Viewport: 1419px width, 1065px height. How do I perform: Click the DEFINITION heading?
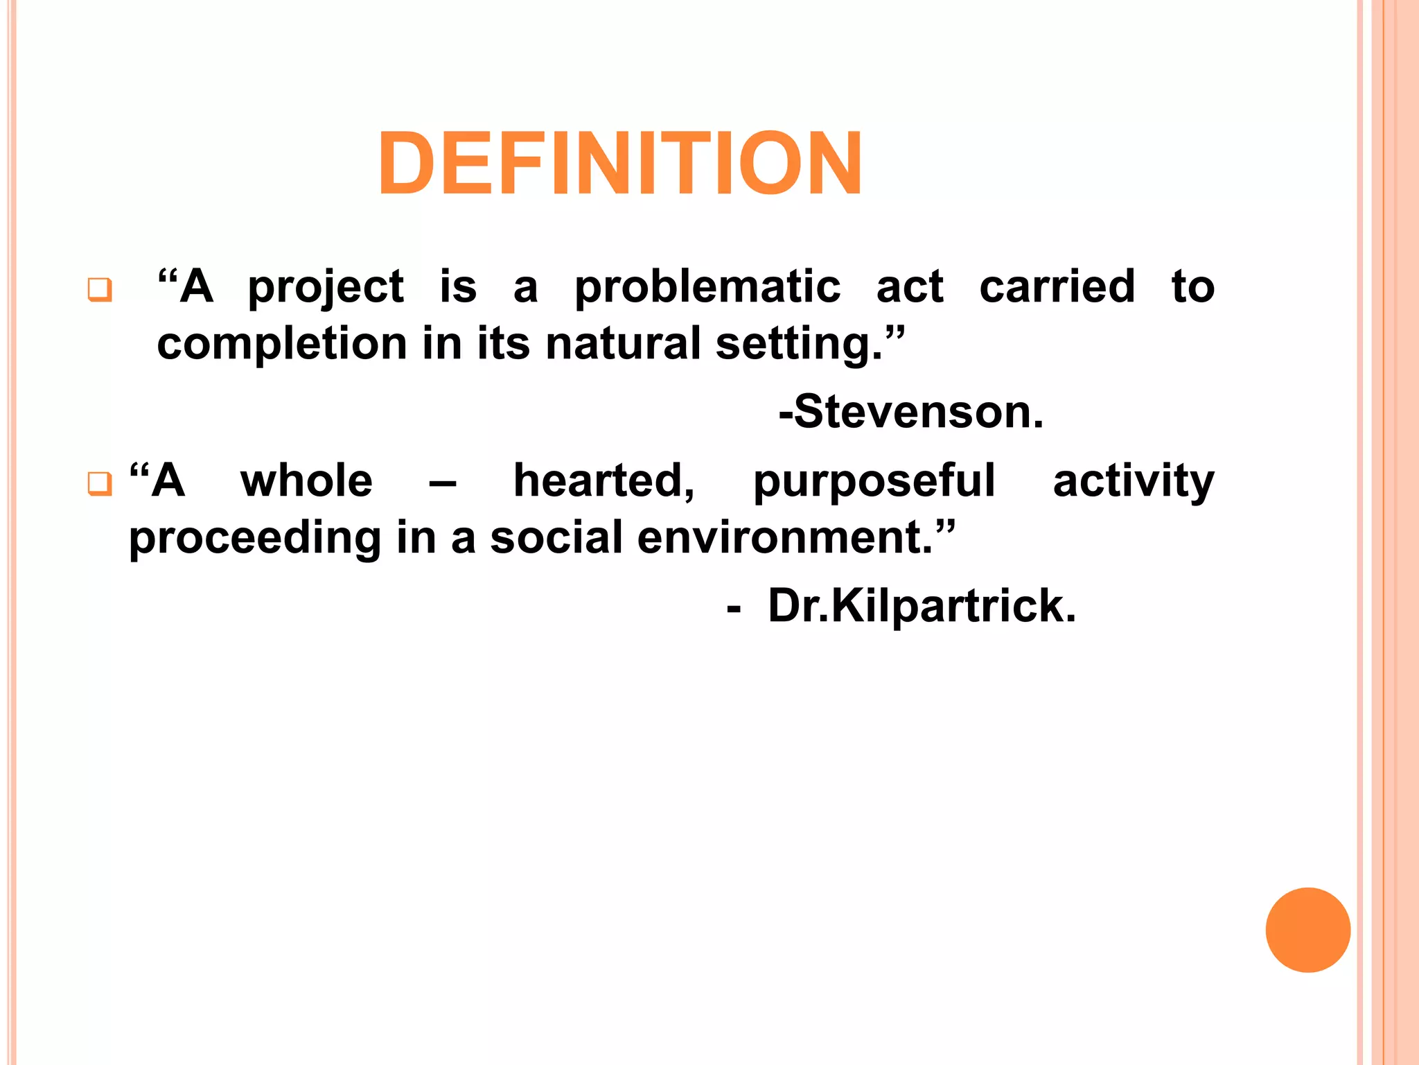click(619, 164)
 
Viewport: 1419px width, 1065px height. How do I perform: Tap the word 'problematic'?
click(707, 287)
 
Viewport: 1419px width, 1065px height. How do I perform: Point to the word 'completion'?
click(282, 345)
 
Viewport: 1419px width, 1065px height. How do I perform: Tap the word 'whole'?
click(306, 480)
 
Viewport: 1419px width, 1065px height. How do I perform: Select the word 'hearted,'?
click(603, 481)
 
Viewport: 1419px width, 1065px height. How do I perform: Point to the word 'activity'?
click(1133, 481)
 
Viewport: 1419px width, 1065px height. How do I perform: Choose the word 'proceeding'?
click(254, 539)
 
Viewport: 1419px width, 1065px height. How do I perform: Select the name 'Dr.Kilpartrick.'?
click(922, 607)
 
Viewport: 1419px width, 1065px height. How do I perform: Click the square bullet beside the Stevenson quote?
click(100, 289)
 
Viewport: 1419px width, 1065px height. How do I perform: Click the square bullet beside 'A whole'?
click(100, 483)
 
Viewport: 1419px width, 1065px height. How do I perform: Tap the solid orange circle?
click(1307, 930)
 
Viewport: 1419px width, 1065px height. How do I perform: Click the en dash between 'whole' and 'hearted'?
click(443, 483)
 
